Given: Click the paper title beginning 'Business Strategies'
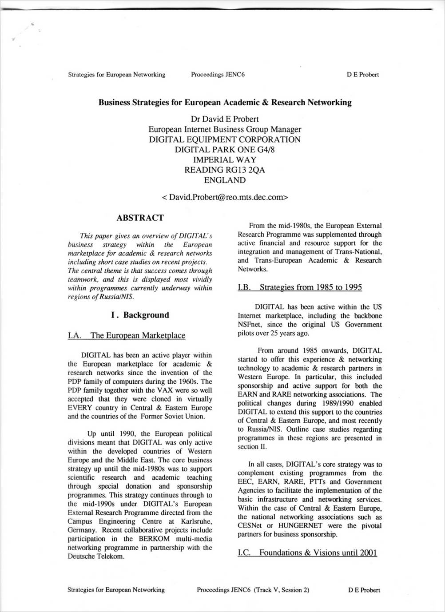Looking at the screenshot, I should pos(225,103).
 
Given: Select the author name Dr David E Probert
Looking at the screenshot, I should pos(225,119).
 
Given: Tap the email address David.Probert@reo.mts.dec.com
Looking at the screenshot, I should pos(225,197).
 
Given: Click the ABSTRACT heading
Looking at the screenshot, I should pos(140,218).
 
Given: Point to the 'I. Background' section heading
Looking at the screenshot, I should pos(140,315).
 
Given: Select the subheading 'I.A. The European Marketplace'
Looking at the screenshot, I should pos(127,335).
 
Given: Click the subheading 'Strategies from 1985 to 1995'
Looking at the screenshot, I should pos(310,287).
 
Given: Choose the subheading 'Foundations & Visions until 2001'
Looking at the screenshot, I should pos(318,552).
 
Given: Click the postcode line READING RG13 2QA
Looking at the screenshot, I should pos(225,170).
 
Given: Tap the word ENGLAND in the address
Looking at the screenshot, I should pos(225,180).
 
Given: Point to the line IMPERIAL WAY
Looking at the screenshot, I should pos(225,160).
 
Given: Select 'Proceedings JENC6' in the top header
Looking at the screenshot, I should pos(218,75).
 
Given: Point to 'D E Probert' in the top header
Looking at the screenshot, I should pos(363,75).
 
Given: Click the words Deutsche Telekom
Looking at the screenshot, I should pos(96,556).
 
